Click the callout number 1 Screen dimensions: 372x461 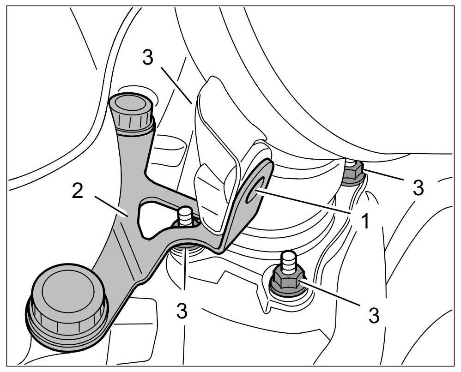[365, 221]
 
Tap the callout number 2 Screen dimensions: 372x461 [77, 191]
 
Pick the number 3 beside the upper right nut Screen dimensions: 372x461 [418, 187]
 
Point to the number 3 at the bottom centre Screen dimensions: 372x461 [182, 311]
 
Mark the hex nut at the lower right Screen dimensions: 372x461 [286, 279]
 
